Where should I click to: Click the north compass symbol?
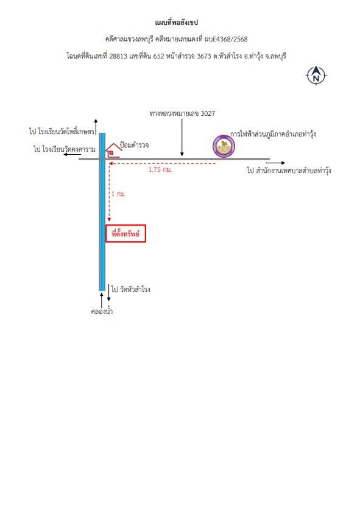point(316,76)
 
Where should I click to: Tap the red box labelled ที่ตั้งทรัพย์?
point(125,233)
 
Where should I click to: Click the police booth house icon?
point(113,151)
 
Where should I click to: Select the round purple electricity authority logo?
point(224,146)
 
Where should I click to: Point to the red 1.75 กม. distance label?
point(160,170)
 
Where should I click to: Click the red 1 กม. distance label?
point(119,194)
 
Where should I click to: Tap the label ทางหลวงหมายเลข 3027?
point(182,113)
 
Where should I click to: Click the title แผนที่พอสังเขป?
point(177,23)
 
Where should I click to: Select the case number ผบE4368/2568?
point(226,39)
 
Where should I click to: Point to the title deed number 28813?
point(118,56)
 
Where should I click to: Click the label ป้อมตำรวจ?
point(134,145)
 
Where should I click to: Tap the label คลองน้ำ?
point(102,311)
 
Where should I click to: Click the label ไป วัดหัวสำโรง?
point(130,289)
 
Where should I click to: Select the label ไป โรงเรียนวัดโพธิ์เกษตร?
point(62,132)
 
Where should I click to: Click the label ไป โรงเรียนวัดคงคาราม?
point(65,149)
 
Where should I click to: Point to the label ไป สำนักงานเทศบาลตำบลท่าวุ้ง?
point(289,171)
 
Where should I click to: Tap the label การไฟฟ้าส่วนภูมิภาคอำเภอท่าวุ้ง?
point(273,134)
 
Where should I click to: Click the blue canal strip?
point(102,212)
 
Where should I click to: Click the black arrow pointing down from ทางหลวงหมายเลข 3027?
point(182,138)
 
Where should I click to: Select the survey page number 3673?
point(204,56)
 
